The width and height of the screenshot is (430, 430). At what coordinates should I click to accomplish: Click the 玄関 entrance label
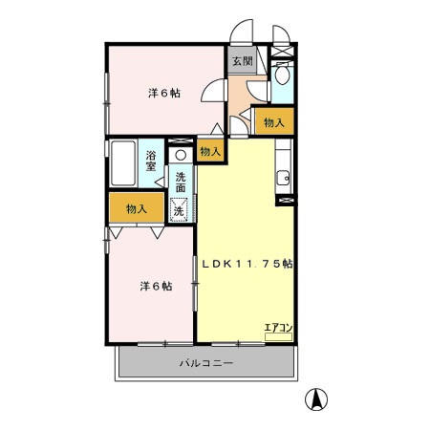(243, 62)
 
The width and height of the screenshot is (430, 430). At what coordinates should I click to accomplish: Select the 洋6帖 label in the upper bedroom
(164, 93)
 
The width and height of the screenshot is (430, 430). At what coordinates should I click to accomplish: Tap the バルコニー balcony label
(205, 363)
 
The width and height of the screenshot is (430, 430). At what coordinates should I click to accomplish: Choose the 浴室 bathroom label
(151, 161)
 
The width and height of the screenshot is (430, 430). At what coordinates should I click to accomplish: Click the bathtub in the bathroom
(123, 165)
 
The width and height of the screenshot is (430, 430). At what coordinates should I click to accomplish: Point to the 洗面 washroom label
(181, 181)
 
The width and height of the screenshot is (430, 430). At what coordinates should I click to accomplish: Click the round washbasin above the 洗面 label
(179, 154)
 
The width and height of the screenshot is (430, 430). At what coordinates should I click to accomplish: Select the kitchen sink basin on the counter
(283, 177)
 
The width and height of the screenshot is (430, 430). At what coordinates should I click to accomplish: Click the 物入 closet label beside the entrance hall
(273, 121)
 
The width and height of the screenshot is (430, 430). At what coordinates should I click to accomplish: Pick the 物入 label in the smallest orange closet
(210, 151)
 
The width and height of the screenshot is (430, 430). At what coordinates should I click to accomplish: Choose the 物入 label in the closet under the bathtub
(136, 208)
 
